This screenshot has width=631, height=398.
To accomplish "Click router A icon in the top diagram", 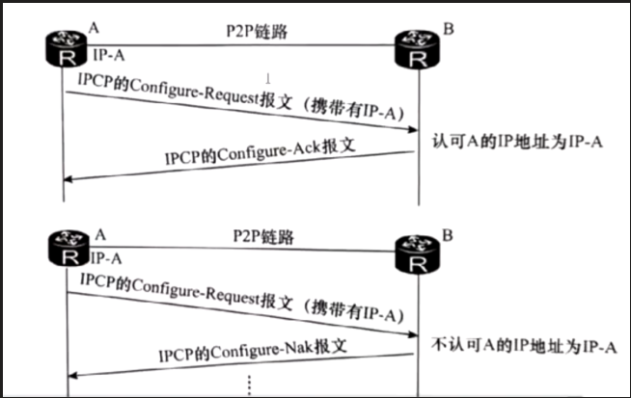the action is (x=65, y=48).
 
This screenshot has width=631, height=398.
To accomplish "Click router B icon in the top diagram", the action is (x=418, y=49).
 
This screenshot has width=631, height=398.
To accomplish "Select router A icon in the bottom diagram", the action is (x=67, y=251).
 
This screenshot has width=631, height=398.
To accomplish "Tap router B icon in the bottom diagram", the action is (x=418, y=252).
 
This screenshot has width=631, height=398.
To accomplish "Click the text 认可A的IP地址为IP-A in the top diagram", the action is (x=515, y=142).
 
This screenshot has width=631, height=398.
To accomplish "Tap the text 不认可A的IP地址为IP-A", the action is (x=522, y=345).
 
